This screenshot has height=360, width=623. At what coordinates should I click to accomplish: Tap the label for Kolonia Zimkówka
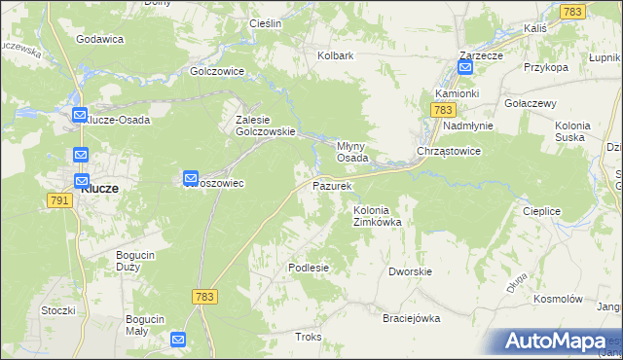point(377,216)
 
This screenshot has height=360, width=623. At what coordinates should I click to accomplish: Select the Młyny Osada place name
point(351,151)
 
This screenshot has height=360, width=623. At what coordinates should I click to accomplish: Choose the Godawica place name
point(98,39)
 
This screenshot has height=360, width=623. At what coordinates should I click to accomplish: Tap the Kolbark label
point(335,56)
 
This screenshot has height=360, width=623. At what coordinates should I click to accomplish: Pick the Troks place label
point(308,337)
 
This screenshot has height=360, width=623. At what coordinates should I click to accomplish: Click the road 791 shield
point(57,199)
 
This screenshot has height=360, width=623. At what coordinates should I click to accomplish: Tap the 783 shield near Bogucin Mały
point(204,296)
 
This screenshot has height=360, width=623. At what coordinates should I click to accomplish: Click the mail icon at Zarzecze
point(465,68)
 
